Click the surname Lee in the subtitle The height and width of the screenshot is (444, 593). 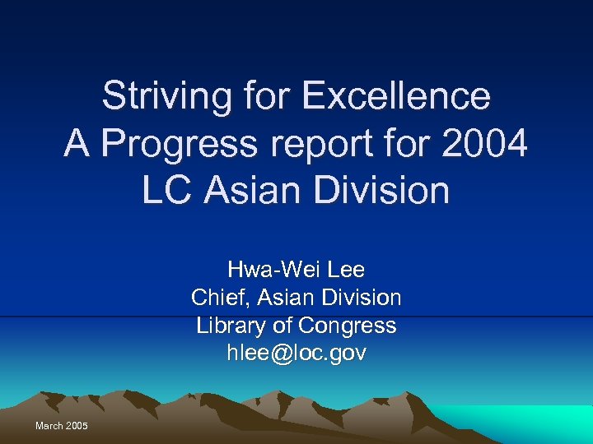(x=346, y=270)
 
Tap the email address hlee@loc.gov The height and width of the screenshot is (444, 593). (x=296, y=354)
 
